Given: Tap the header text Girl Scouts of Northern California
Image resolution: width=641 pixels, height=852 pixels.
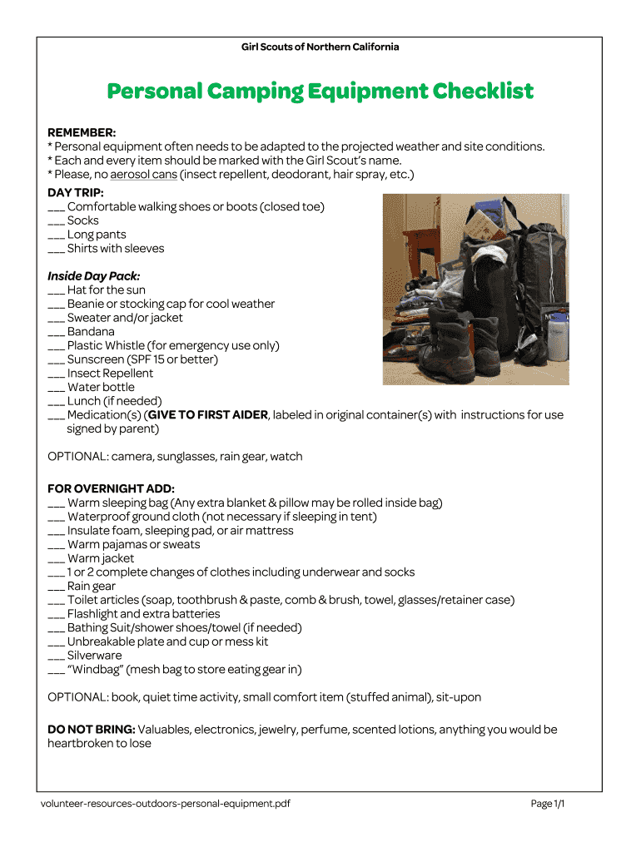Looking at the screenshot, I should tap(320, 47).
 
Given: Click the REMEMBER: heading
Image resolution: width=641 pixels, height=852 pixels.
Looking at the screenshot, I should tap(82, 132).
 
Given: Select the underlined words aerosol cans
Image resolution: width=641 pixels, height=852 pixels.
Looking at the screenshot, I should tap(142, 174).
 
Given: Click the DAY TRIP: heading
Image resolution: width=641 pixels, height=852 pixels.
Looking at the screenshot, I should tap(76, 192).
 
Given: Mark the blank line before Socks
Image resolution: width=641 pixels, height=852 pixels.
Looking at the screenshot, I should tap(56, 221).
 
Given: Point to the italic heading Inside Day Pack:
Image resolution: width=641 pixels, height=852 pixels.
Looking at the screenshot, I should tap(93, 276).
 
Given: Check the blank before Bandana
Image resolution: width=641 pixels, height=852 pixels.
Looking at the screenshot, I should tap(56, 332).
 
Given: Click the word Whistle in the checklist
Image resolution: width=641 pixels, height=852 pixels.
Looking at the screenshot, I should tap(125, 345).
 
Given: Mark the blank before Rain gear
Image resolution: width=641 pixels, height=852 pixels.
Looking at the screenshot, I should tap(56, 587).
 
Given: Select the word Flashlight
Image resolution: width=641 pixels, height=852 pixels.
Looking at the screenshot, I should tap(92, 614).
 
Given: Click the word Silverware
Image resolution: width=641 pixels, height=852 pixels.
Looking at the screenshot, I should tap(94, 656).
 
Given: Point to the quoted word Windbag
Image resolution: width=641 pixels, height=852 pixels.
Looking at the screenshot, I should tap(95, 670).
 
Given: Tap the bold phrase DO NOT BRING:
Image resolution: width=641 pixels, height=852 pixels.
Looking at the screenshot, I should tap(92, 730).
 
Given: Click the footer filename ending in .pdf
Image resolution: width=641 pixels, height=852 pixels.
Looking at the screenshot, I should tap(165, 804).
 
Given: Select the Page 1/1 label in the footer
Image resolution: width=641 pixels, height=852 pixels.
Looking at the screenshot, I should tap(548, 804).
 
